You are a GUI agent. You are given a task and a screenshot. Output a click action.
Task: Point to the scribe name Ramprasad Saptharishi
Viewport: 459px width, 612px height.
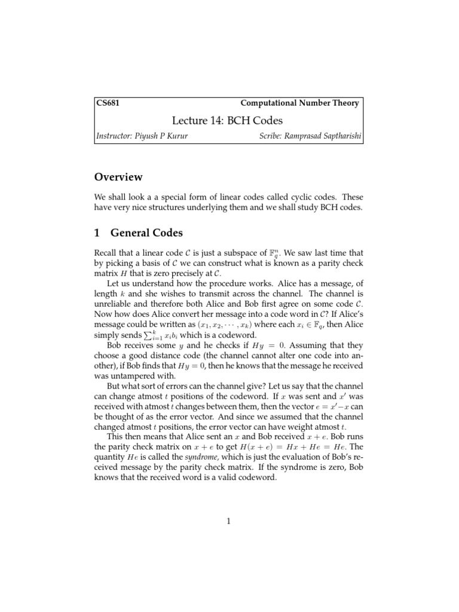coord(325,137)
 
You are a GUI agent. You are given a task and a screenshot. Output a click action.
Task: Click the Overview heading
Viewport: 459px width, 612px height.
coord(118,177)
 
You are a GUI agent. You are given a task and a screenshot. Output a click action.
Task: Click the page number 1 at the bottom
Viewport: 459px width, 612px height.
coord(229,521)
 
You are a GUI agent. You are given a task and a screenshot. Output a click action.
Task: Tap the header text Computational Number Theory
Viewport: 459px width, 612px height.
coord(299,103)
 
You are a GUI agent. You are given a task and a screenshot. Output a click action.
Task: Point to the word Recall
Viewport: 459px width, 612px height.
coord(106,253)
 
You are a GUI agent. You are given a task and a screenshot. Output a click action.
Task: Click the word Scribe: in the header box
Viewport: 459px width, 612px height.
coord(273,137)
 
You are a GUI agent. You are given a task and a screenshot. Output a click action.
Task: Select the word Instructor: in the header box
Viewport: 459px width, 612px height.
coord(115,137)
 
